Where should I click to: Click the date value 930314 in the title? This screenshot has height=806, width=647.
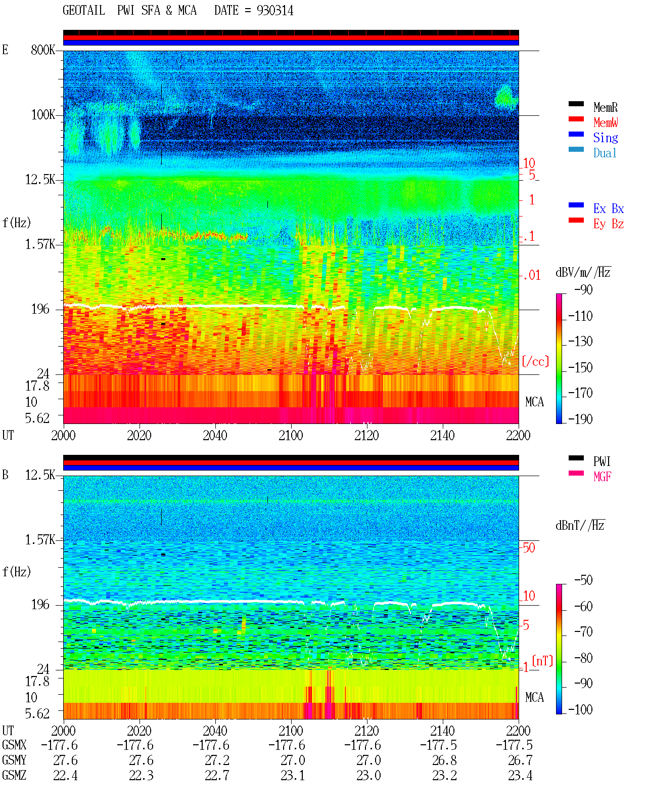point(274,11)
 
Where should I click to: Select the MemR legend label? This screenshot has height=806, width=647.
point(605,107)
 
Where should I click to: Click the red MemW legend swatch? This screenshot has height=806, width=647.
point(576,119)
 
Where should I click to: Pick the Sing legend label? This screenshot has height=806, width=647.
point(605,138)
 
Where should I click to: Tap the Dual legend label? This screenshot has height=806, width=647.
point(605,153)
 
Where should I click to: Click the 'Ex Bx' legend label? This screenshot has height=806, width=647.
point(608,208)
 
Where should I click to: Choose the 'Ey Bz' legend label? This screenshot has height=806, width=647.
point(608,224)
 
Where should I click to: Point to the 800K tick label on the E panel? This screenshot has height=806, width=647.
point(42,50)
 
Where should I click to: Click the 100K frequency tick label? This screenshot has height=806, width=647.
point(42,115)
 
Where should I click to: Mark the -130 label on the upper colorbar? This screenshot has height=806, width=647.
point(580,342)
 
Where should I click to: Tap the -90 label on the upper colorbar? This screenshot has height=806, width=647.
point(583,289)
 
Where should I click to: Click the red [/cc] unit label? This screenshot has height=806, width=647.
point(535,361)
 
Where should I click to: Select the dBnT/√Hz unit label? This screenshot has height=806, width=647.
point(580,526)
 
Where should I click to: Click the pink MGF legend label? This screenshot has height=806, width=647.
point(602,477)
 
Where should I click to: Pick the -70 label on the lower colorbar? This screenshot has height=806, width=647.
point(583,632)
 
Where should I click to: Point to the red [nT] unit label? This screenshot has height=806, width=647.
point(542,661)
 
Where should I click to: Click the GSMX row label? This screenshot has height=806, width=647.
point(14,745)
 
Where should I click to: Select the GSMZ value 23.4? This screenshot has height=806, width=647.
point(520,775)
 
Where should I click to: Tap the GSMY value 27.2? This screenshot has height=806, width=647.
point(217,760)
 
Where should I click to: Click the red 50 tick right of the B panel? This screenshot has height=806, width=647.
point(529,548)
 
